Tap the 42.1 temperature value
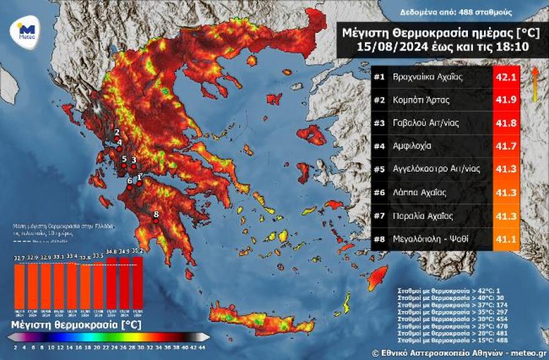tap(506, 77)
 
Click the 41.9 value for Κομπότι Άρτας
tap(506, 100)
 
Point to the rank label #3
tap(379, 123)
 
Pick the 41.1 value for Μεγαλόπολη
tap(506, 238)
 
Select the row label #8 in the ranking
tap(379, 238)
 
